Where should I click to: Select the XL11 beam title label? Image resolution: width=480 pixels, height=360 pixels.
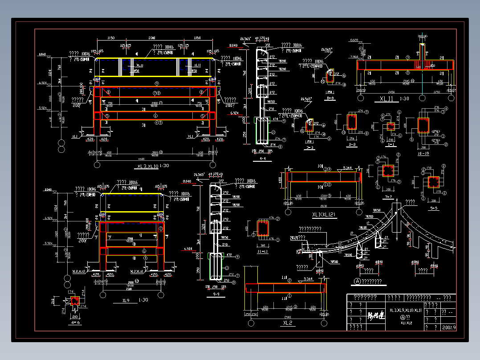(x=386, y=98)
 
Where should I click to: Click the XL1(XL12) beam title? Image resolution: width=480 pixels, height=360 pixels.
(x=324, y=215)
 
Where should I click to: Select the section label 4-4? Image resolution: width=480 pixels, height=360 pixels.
(x=262, y=158)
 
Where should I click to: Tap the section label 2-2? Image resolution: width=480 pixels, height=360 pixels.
(x=352, y=145)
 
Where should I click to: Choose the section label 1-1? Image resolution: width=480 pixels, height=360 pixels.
(x=392, y=145)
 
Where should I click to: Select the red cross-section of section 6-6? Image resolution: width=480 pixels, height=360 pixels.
(x=75, y=301)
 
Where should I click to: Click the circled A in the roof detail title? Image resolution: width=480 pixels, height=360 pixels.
(x=357, y=281)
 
